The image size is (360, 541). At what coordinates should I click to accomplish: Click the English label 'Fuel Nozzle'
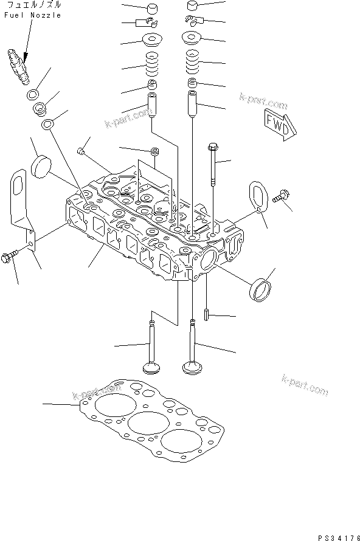click(33, 15)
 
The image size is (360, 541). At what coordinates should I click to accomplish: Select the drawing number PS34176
click(339, 537)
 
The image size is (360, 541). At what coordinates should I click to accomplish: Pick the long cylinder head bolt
click(213, 164)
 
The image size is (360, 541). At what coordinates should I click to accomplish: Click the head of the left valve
click(151, 368)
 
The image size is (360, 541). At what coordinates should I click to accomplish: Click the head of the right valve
click(192, 368)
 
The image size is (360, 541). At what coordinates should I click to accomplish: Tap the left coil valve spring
click(152, 64)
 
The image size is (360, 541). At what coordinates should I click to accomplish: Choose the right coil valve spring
click(193, 62)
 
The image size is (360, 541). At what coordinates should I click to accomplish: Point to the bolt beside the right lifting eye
click(281, 196)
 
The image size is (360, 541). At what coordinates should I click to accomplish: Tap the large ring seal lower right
click(260, 289)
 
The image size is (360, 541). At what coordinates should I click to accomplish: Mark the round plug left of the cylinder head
click(41, 167)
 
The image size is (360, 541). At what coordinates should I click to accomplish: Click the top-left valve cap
click(152, 9)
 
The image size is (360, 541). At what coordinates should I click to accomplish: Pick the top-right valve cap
click(193, 6)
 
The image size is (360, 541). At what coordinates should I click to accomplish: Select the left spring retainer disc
click(152, 40)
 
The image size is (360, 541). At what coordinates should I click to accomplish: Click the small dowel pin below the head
click(206, 314)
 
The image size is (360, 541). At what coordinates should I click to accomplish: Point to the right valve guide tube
click(192, 103)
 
